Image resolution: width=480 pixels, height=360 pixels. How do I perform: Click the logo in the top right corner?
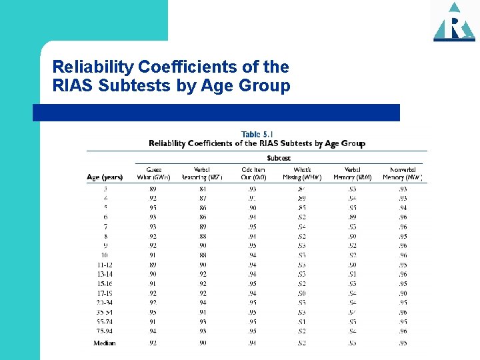(454, 21)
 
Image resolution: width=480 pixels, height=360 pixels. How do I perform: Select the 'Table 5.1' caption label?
(257, 134)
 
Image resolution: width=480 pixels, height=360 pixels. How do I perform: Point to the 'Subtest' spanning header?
(279, 158)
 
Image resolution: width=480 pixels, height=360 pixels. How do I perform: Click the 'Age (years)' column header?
(105, 177)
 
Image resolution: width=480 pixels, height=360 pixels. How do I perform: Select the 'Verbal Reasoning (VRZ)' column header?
(202, 173)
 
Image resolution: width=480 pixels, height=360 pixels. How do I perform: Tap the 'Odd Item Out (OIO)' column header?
(253, 173)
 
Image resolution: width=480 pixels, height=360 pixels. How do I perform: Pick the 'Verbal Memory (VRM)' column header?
(353, 173)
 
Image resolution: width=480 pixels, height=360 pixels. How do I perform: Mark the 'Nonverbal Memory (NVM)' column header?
(403, 173)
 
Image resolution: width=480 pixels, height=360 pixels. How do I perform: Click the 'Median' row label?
(105, 343)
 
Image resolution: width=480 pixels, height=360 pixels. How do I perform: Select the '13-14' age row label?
(105, 274)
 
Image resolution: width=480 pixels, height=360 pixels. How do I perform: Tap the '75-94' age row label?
(105, 331)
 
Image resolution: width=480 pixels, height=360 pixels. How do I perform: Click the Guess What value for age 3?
(153, 189)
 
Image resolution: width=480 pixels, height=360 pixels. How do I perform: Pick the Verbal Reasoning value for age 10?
(202, 255)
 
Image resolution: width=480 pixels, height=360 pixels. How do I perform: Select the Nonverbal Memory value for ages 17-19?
(403, 293)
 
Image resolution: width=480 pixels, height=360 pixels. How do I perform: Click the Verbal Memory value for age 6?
(353, 217)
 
